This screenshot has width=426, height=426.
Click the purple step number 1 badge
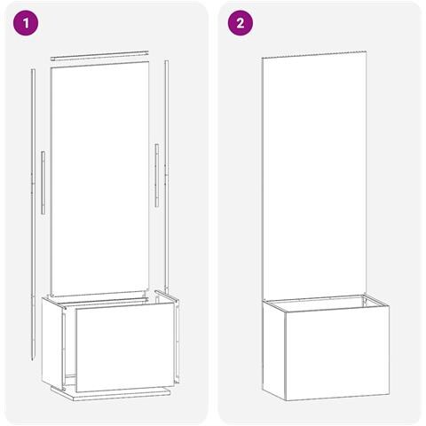(x=26, y=23)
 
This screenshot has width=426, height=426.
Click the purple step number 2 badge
(x=241, y=23)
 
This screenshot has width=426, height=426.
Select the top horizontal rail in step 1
(x=99, y=55)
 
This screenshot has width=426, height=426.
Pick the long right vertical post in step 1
(x=167, y=176)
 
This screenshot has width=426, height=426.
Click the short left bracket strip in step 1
(x=43, y=183)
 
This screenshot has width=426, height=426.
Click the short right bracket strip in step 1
(x=157, y=175)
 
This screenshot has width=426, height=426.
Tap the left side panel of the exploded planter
(x=53, y=343)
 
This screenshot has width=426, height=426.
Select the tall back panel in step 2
(x=314, y=176)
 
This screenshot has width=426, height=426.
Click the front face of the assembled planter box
(x=337, y=353)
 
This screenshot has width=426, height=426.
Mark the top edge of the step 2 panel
(x=314, y=54)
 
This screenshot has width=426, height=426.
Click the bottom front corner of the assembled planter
(x=286, y=401)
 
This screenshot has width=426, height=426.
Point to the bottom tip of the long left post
(x=33, y=360)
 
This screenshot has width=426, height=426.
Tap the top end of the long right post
(x=167, y=60)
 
